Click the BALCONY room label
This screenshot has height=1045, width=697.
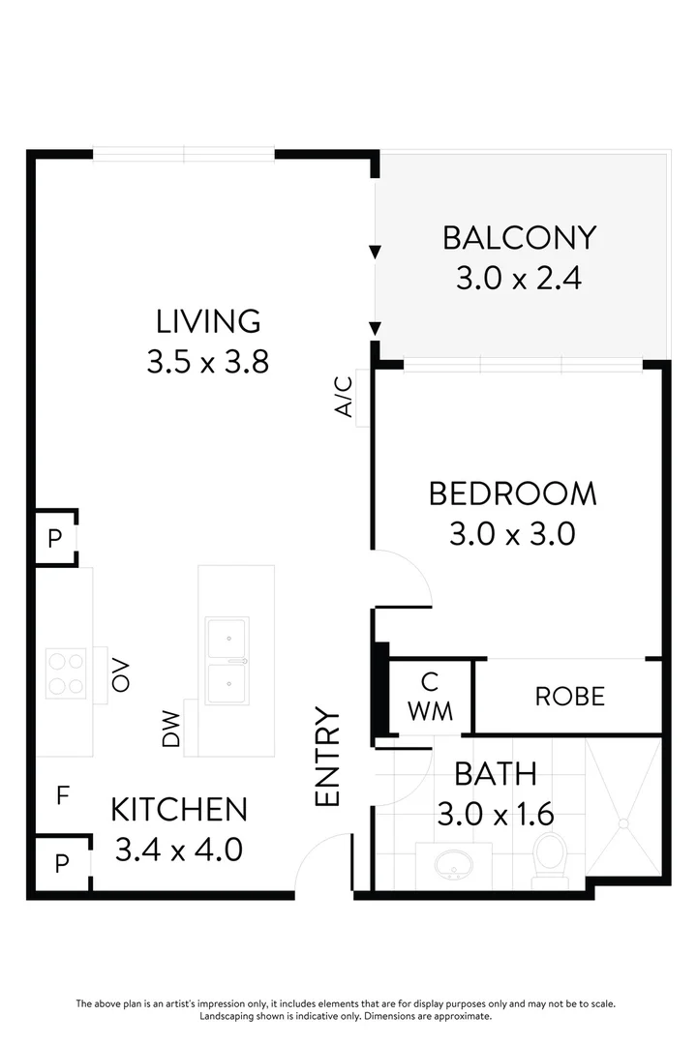(519, 237)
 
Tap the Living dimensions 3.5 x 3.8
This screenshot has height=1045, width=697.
(207, 362)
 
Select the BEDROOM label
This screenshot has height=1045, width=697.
(512, 493)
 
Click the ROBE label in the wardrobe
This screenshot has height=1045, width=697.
(570, 696)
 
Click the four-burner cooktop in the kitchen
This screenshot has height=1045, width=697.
(66, 672)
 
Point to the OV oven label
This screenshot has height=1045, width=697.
(121, 675)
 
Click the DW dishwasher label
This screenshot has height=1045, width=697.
(171, 729)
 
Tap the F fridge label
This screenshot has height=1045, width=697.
(63, 795)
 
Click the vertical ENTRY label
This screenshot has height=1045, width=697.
(328, 757)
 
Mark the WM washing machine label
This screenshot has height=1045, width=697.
(430, 710)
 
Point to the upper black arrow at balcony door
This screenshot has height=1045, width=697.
(375, 254)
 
